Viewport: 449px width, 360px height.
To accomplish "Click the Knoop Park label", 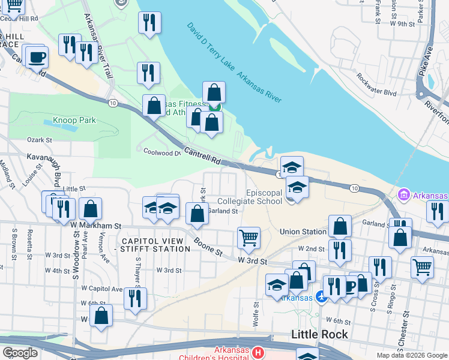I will tap(74, 121).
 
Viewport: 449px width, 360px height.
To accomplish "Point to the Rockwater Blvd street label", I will tap(376, 86).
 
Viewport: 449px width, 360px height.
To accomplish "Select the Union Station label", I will tap(303, 232).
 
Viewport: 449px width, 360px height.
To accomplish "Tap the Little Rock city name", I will tap(319, 334).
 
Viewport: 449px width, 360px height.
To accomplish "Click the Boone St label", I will tap(208, 247).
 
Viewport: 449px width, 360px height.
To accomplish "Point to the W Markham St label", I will tap(95, 226).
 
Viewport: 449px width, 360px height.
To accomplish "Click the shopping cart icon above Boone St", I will tap(249, 238).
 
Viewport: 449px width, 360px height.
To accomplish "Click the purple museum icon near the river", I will tap(403, 196).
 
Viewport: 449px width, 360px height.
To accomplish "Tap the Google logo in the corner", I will tap(20, 353).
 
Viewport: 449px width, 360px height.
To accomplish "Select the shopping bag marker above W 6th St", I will tap(101, 315).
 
